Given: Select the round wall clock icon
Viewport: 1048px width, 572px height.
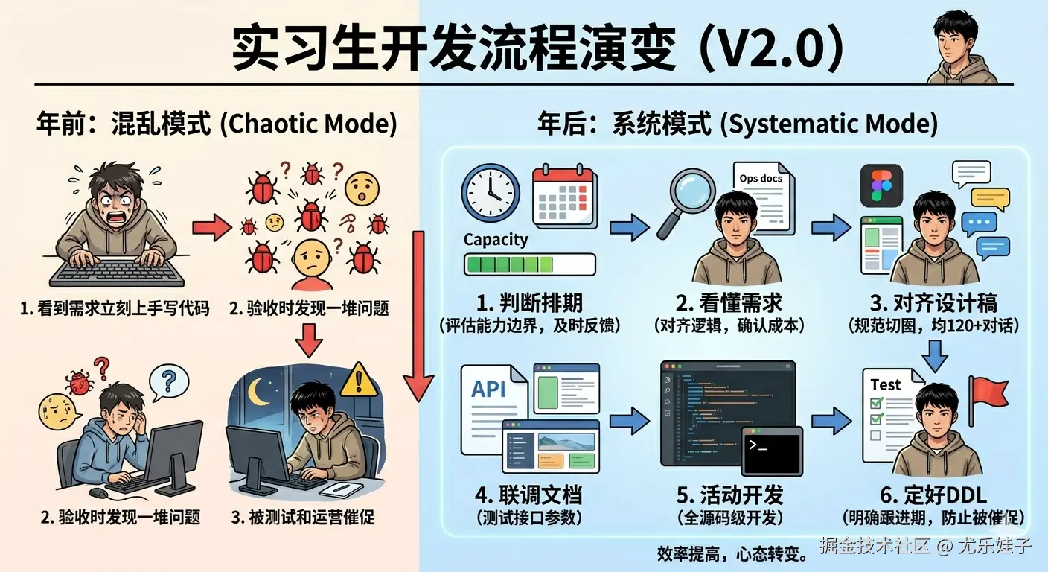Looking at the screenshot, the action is coord(491,192).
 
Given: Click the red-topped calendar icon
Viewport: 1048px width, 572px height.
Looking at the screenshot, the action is coord(563,195).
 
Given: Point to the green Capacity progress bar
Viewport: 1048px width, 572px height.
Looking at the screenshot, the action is coord(529,264).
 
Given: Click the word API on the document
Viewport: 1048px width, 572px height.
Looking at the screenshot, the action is coord(489,388).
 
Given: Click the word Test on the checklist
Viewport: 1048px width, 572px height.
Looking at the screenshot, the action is coord(885,384).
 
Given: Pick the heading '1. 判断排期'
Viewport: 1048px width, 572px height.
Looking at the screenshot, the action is coord(529,303).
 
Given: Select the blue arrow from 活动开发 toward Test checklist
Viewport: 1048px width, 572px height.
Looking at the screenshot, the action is coord(831,422).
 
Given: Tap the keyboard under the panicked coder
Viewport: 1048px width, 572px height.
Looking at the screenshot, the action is coord(118,273).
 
